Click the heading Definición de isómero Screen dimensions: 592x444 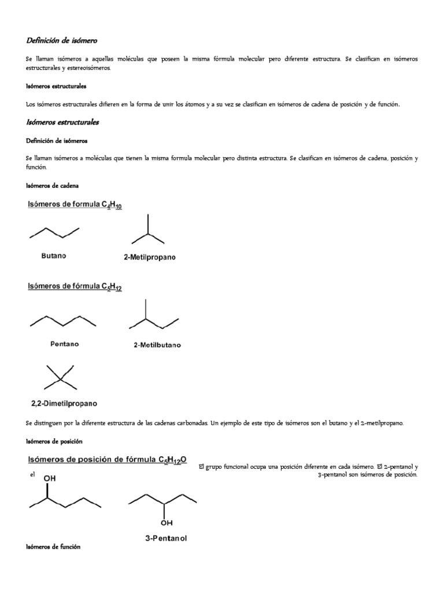tap(62, 40)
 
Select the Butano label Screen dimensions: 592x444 tap(54, 256)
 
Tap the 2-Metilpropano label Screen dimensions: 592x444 tap(150, 258)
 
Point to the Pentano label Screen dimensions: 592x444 tap(64, 343)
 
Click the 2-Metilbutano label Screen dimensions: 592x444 tap(157, 345)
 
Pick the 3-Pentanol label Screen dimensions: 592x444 tap(165, 538)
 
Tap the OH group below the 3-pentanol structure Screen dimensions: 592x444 tap(166, 523)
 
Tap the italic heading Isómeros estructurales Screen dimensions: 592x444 tap(62, 122)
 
